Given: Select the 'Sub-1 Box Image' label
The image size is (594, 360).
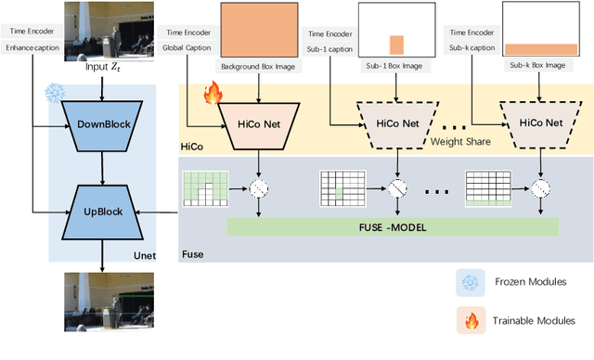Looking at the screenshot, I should (x=396, y=66).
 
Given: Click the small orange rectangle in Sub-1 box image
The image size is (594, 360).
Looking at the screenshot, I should (x=396, y=45).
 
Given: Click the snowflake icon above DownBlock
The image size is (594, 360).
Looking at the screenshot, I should (x=53, y=92).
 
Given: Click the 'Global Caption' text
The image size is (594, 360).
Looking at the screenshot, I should (x=186, y=46).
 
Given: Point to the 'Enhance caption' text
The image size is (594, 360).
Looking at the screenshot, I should (x=31, y=46).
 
